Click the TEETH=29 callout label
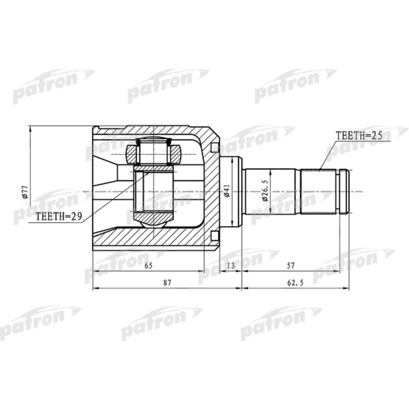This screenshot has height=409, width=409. point(58,216)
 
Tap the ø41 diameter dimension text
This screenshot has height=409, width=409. point(227,191)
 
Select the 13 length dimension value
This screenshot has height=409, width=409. point(230,266)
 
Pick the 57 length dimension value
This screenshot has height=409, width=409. point(290,266)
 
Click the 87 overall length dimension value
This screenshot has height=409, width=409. point(167,283)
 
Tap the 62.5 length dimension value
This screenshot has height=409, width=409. point(296,283)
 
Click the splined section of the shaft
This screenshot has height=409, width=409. point(320,191)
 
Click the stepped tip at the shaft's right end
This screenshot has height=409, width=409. point(346,191)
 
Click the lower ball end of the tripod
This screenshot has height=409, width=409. point(153,220)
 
